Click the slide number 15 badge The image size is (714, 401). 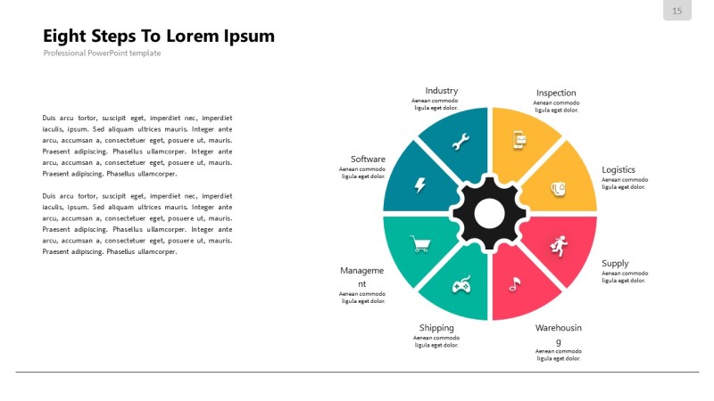coord(677,11)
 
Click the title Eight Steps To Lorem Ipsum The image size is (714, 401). coord(159,37)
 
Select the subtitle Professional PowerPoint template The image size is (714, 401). coord(102,53)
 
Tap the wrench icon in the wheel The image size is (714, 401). coord(461,140)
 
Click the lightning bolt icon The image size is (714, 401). coord(420,184)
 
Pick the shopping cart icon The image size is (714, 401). coord(419,243)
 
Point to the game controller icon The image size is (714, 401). coord(462,285)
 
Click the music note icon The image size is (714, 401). coord(514,284)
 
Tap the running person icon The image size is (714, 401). coord(559,243)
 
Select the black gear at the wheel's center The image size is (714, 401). coord(489,214)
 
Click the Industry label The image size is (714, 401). coord(442,91)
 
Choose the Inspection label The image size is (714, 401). coord(556,93)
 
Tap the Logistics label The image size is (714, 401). coord(619,169)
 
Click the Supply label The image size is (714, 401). coord(615,263)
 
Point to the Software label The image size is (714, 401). coord(368,159)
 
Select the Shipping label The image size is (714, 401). coord(436,328)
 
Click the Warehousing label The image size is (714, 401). coord(559,334)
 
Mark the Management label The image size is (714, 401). coord(362,276)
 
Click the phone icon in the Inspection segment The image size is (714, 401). coord(518,140)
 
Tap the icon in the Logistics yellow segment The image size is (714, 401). coord(560,186)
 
